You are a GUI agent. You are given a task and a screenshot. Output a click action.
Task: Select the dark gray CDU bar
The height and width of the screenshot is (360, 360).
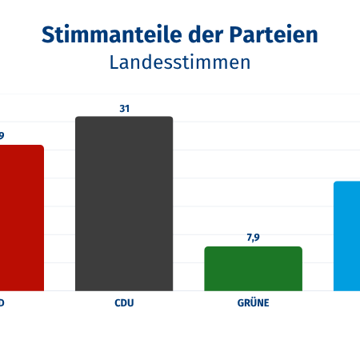[x=124, y=204]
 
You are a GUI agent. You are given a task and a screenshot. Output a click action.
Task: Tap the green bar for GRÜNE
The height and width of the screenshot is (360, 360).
[x=253, y=269]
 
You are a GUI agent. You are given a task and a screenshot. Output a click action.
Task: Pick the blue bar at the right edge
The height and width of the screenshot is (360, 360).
[x=347, y=236]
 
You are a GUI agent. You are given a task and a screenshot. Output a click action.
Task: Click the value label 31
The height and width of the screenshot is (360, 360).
[x=124, y=107]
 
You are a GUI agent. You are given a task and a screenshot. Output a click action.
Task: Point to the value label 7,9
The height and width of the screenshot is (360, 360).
[x=253, y=237]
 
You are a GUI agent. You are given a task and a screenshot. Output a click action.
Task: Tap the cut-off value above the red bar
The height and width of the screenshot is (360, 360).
[x=2, y=135]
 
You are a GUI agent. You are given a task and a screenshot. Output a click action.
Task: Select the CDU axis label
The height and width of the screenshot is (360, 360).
[x=124, y=304]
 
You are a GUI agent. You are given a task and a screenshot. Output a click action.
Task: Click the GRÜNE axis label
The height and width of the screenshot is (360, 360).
[x=253, y=304]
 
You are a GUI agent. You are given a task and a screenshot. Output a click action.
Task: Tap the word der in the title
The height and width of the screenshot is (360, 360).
[x=198, y=34]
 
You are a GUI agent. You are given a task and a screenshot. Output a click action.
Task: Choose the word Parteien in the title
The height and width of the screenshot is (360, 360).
[x=272, y=34]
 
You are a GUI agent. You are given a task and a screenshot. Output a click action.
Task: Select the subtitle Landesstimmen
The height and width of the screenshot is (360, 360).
[x=180, y=62]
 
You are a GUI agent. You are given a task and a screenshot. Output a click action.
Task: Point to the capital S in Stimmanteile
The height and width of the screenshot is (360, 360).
[x=48, y=34]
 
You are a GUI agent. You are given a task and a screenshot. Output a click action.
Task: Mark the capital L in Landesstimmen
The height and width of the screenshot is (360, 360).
[x=114, y=62]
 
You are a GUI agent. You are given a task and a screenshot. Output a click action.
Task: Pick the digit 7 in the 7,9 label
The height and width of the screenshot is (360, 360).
[x=248, y=237]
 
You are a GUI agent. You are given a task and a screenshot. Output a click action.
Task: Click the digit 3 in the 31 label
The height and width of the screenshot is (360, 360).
[x=122, y=107]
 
